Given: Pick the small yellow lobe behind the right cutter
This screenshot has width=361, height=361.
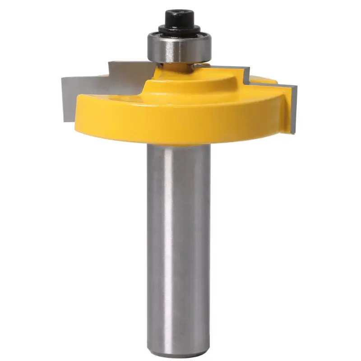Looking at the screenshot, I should click(x=266, y=80).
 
